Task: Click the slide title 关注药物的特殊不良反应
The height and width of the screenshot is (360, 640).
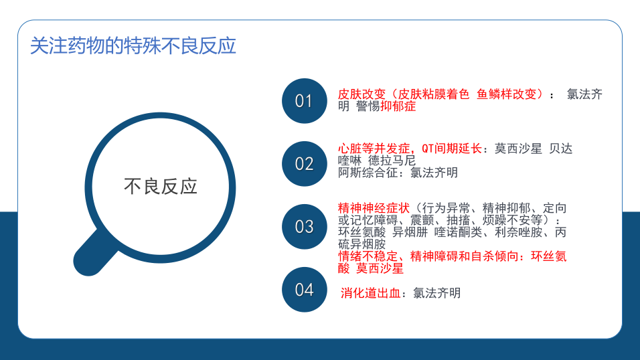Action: [133, 46]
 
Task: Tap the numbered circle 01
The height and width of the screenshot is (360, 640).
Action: [304, 101]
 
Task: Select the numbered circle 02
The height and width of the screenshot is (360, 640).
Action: [304, 164]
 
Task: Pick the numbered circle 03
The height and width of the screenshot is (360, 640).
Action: [304, 227]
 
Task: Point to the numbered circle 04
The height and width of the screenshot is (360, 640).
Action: [304, 289]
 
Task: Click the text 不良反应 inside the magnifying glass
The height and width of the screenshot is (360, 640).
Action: [161, 186]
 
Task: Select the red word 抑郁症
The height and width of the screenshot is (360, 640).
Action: [398, 106]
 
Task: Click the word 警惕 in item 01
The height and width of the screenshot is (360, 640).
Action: [368, 106]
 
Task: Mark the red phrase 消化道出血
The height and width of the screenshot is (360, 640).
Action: [371, 293]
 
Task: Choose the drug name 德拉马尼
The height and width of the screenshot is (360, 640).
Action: [392, 161]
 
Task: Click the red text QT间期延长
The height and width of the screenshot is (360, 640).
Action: [452, 148]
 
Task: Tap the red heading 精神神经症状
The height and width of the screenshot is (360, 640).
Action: [374, 208]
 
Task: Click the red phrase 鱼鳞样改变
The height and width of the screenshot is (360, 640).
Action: [507, 94]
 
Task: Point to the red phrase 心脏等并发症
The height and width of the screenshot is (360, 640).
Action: [374, 148]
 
